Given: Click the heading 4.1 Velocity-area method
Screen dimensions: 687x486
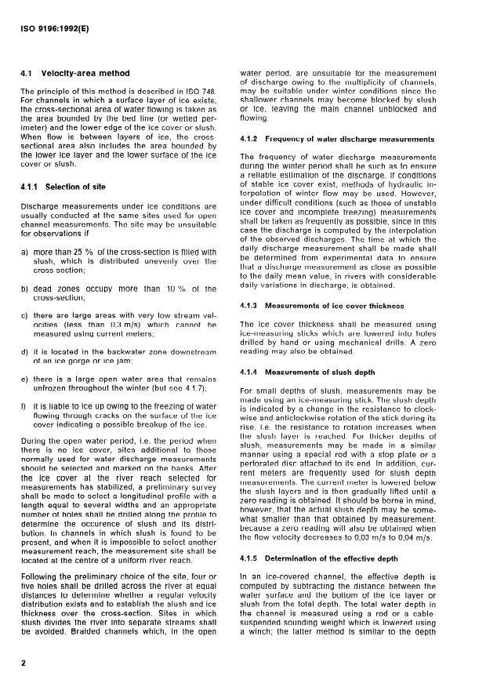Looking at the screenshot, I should (x=75, y=74).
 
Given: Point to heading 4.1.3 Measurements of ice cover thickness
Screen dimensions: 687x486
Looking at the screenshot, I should (x=323, y=304).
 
